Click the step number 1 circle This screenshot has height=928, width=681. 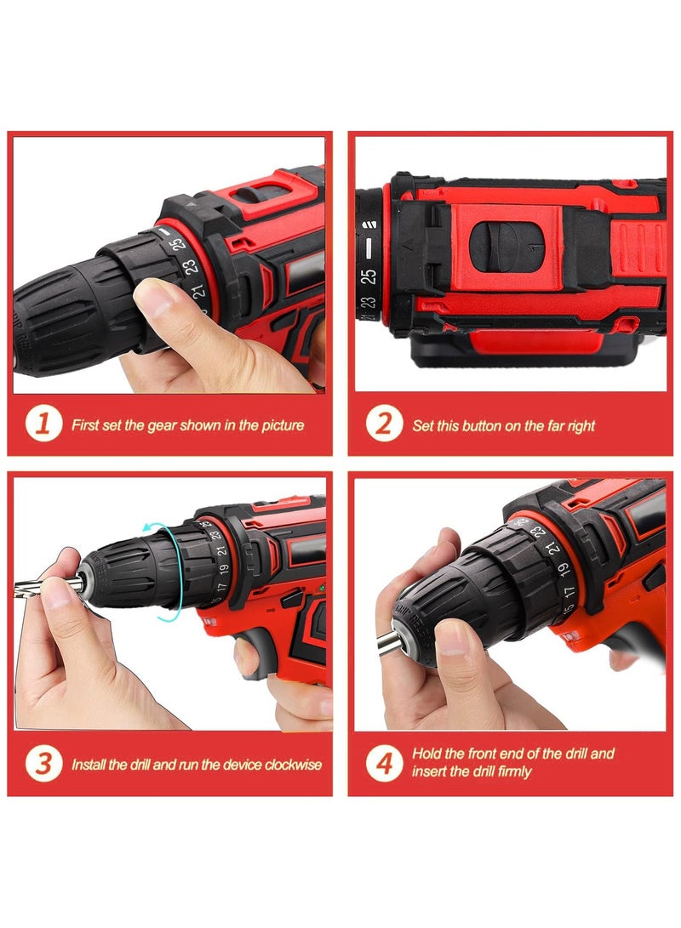click(42, 424)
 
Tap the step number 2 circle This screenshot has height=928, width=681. click(384, 424)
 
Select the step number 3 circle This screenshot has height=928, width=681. click(42, 764)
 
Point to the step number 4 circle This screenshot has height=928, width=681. click(384, 763)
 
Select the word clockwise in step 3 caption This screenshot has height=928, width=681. click(294, 765)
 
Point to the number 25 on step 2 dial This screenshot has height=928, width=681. click(369, 276)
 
